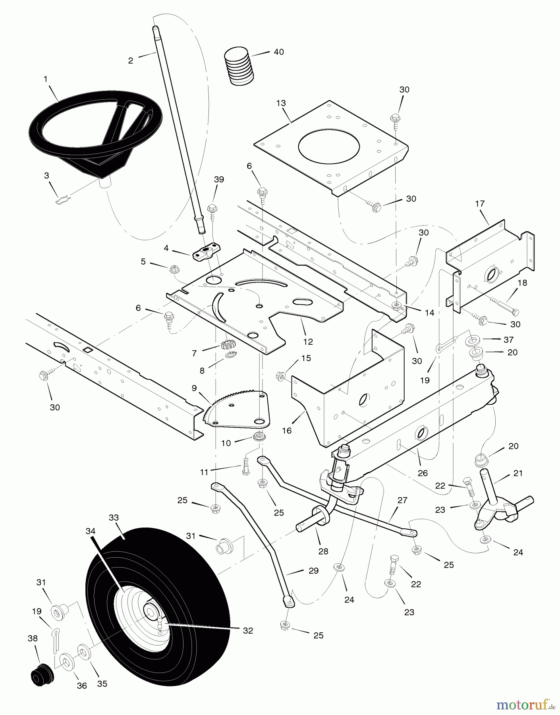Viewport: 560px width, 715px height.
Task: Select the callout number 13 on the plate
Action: coord(281,103)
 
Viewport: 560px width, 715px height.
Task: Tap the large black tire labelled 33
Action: coord(159,596)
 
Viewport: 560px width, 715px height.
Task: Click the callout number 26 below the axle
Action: coord(423,473)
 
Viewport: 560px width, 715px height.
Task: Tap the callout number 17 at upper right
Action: coord(480,204)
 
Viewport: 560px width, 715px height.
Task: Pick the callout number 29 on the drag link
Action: coord(313,571)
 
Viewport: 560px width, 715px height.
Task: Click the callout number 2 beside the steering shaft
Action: coord(130,61)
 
